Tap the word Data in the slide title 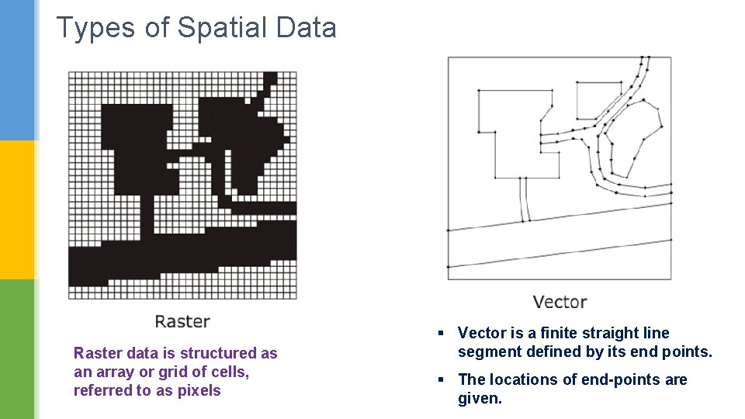pyautogui.click(x=305, y=28)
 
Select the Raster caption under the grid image pyautogui.click(x=182, y=320)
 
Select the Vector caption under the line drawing pyautogui.click(x=560, y=302)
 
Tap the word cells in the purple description pyautogui.click(x=228, y=372)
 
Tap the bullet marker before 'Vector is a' pyautogui.click(x=440, y=334)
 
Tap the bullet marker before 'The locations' pyautogui.click(x=440, y=379)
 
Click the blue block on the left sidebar pyautogui.click(x=18, y=70)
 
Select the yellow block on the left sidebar pyautogui.click(x=18, y=209)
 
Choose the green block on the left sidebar pyautogui.click(x=18, y=349)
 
